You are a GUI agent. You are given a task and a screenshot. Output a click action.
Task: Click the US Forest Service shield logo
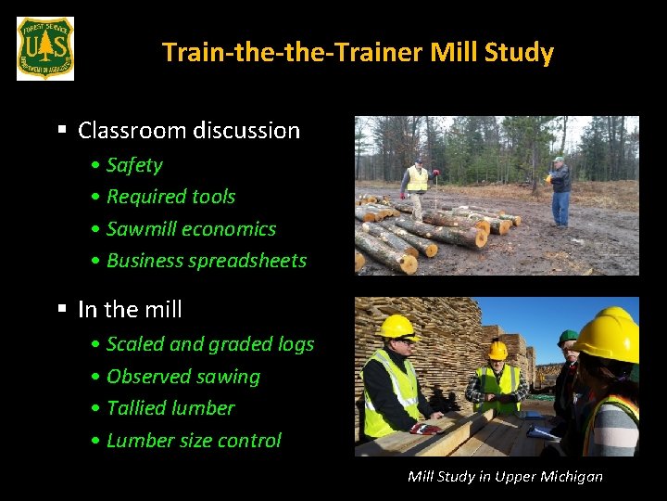point(44,48)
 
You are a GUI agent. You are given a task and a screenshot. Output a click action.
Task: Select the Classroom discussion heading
point(188,131)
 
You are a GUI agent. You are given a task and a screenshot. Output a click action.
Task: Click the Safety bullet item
point(133,165)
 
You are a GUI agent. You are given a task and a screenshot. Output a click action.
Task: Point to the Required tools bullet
point(170,197)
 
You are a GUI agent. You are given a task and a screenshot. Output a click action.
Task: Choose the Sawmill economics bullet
point(191,229)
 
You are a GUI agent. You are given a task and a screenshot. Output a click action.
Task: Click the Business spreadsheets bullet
point(206,261)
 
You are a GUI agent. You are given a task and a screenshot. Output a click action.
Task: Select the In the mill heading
point(130,310)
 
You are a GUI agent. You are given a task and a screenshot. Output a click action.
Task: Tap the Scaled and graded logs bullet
point(209,344)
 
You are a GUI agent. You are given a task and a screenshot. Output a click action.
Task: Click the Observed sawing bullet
point(182,377)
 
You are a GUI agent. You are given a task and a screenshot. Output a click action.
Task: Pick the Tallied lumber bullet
point(170,408)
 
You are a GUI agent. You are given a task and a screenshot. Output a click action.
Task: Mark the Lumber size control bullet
point(193,441)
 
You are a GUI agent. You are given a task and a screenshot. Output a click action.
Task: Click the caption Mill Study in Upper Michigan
point(505,476)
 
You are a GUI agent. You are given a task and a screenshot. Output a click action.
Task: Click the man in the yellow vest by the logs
point(418,186)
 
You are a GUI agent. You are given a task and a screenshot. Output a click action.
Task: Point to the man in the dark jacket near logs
point(559,190)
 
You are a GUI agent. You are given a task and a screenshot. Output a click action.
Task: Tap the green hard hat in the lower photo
point(567,338)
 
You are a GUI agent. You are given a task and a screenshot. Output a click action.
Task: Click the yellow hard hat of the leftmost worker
point(396,327)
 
